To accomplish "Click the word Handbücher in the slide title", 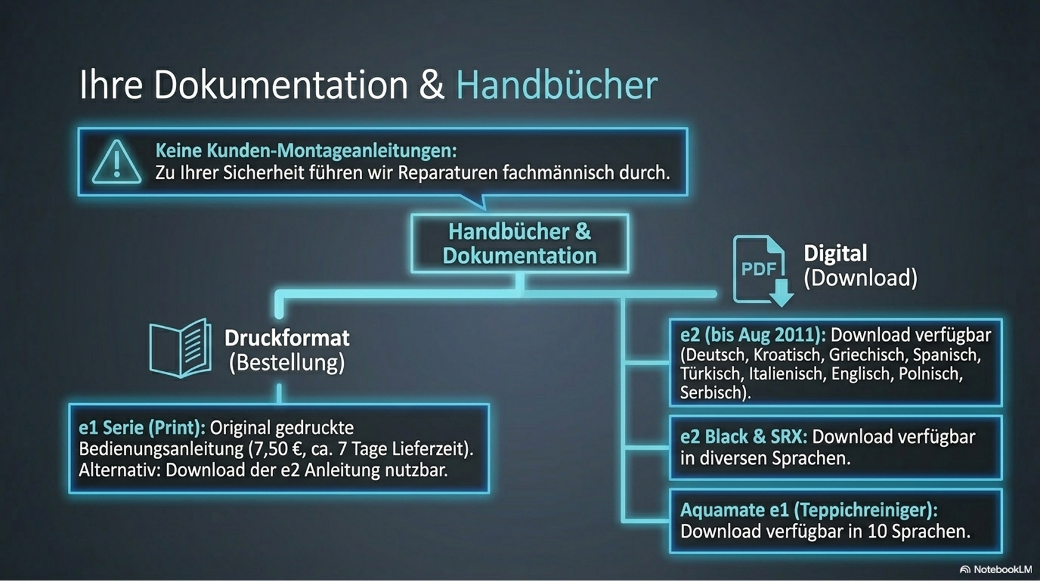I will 556,85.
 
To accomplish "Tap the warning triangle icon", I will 116,162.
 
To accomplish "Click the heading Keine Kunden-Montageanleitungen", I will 305,151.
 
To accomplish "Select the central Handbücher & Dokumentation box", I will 519,243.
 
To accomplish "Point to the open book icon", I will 180,349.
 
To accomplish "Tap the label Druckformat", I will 287,338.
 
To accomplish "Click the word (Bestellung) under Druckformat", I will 287,363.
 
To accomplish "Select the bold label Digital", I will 835,254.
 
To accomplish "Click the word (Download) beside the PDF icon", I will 860,278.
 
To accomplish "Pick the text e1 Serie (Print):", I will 141,428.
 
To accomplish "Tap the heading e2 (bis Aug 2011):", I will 752,335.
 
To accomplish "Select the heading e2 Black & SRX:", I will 743,437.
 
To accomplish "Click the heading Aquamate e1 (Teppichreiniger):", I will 808,510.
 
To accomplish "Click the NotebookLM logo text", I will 1001,569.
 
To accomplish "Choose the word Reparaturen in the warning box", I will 447,173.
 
